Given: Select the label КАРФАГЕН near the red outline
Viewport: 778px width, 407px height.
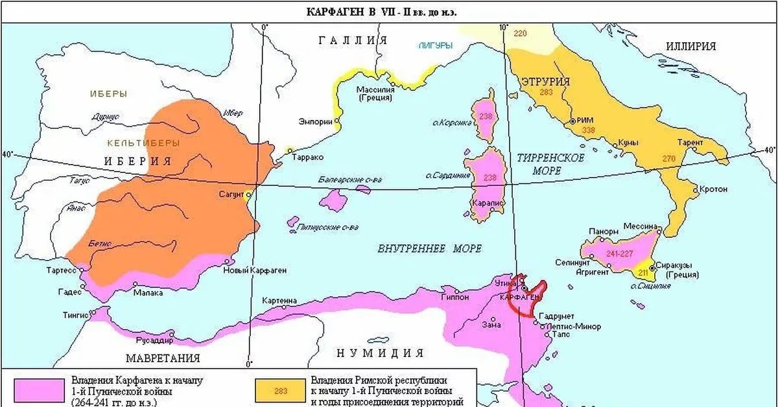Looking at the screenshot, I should [x=520, y=296].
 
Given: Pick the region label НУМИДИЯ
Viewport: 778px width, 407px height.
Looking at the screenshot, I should [x=380, y=353].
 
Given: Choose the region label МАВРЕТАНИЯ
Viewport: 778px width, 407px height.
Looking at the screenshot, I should [x=163, y=358].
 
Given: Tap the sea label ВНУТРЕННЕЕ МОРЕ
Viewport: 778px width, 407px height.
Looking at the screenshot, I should [x=421, y=249].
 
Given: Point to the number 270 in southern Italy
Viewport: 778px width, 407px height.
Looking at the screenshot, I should [x=668, y=158].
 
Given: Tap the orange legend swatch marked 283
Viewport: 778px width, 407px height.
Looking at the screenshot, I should [x=281, y=390].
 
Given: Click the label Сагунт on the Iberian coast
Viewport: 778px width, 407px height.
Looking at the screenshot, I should [x=232, y=194].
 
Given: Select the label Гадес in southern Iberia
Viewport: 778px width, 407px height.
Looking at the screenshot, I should [x=69, y=292].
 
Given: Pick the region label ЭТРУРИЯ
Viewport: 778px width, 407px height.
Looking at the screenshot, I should [x=545, y=82].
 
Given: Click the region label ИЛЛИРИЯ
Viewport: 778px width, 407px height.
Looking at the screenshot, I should [x=690, y=46].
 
